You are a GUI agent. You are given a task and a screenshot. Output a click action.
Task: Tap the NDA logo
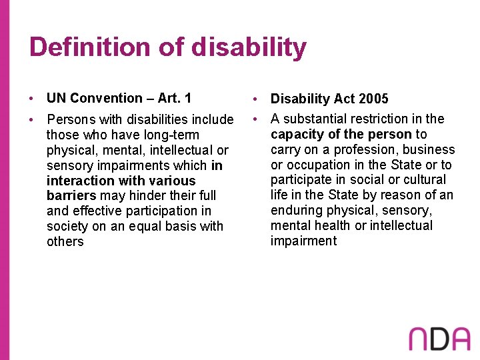(x=441, y=339)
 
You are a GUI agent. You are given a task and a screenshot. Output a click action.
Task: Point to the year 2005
(x=373, y=99)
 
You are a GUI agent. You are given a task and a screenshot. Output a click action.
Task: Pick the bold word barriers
(x=71, y=195)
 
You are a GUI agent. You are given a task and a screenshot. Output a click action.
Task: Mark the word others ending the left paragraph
(x=65, y=241)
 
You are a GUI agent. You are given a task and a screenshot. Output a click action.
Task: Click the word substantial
(x=314, y=119)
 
